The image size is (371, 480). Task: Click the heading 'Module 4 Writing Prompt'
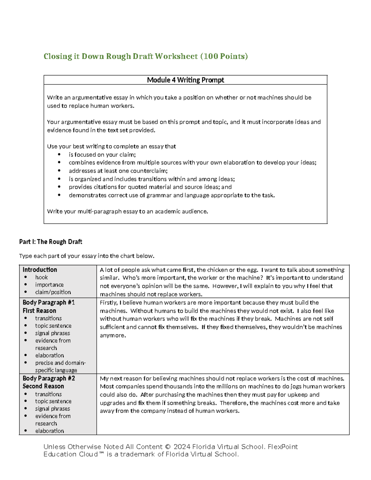(x=185, y=80)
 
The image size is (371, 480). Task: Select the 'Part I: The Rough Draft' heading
(x=50, y=242)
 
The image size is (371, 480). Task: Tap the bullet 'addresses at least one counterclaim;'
(x=118, y=171)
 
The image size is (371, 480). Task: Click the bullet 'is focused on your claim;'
(x=102, y=155)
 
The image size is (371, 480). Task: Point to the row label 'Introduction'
(x=40, y=270)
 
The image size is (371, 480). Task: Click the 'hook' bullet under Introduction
(x=41, y=277)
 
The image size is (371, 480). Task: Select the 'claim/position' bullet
(x=53, y=292)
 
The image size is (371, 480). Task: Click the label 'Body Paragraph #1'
(x=49, y=303)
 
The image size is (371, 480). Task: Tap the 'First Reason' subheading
(x=39, y=311)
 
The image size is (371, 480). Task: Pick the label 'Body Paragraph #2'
(x=49, y=378)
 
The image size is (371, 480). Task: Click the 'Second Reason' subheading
(x=43, y=386)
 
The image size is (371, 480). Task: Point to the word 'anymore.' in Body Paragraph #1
(x=113, y=335)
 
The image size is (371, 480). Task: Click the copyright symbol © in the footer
(x=168, y=447)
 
